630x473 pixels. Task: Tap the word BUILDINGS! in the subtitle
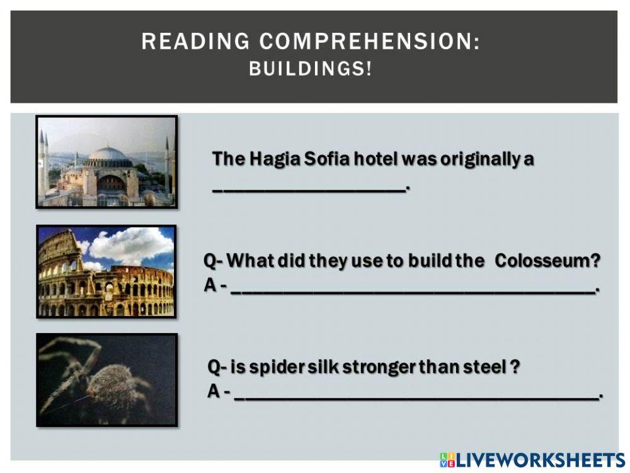[311, 68]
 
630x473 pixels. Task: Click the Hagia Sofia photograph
[106, 161]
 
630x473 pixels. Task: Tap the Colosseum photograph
[106, 271]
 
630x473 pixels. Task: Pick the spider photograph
[106, 380]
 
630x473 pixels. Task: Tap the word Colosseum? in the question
[547, 260]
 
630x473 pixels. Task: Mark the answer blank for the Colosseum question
[413, 290]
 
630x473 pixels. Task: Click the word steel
[485, 366]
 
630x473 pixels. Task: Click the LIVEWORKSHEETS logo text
[540, 460]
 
